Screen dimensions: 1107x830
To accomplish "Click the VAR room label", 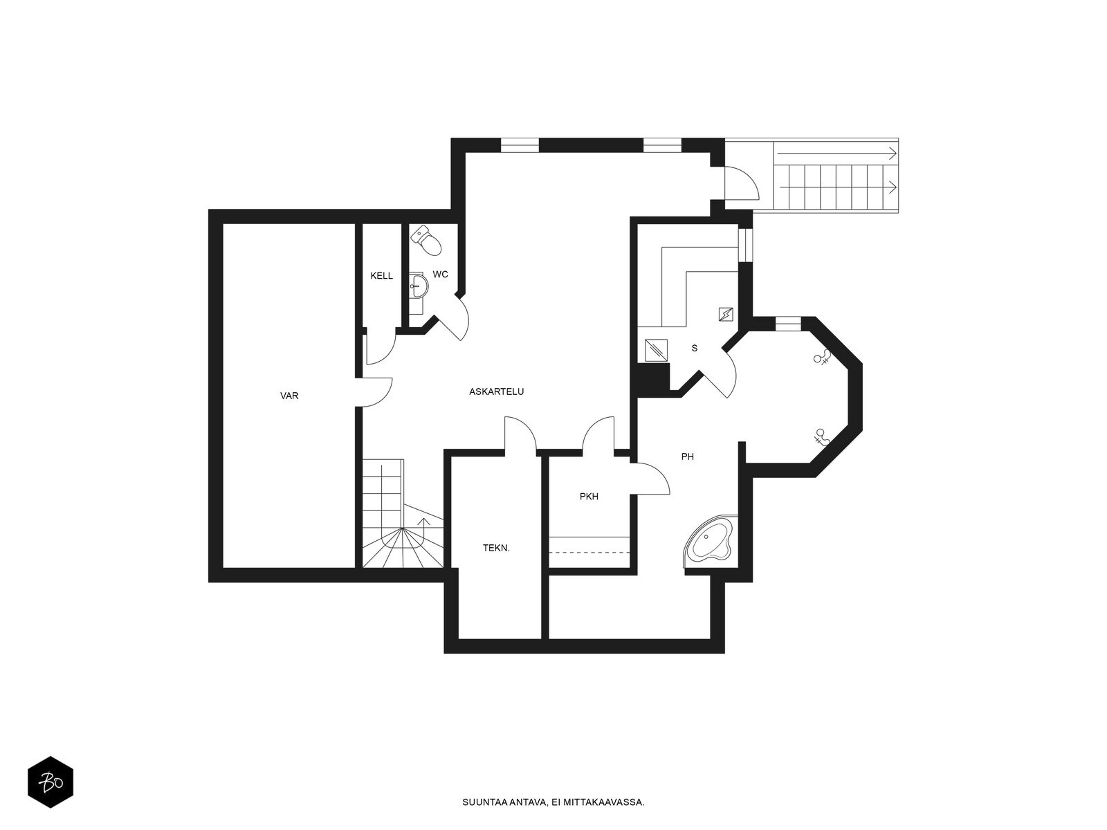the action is click(289, 396).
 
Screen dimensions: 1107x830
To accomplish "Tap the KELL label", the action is click(381, 276).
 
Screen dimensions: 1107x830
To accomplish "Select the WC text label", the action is click(440, 275).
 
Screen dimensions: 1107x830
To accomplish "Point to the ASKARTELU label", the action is click(496, 391).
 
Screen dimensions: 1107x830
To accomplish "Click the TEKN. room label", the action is click(496, 548).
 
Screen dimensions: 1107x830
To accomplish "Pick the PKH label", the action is click(589, 497).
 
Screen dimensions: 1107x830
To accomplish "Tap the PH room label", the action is click(688, 456).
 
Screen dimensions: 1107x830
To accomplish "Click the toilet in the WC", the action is click(427, 241).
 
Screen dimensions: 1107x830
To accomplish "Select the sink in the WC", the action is click(418, 286).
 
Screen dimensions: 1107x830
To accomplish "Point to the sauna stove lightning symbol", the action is click(726, 315).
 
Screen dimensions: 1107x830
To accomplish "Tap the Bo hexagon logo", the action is click(51, 782).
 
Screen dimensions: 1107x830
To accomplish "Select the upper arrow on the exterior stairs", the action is click(836, 153).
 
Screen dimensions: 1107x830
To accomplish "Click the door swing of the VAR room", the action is click(374, 391).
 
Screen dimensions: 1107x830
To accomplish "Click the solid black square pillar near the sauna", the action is click(652, 376).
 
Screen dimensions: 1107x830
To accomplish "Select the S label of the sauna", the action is click(695, 348).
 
